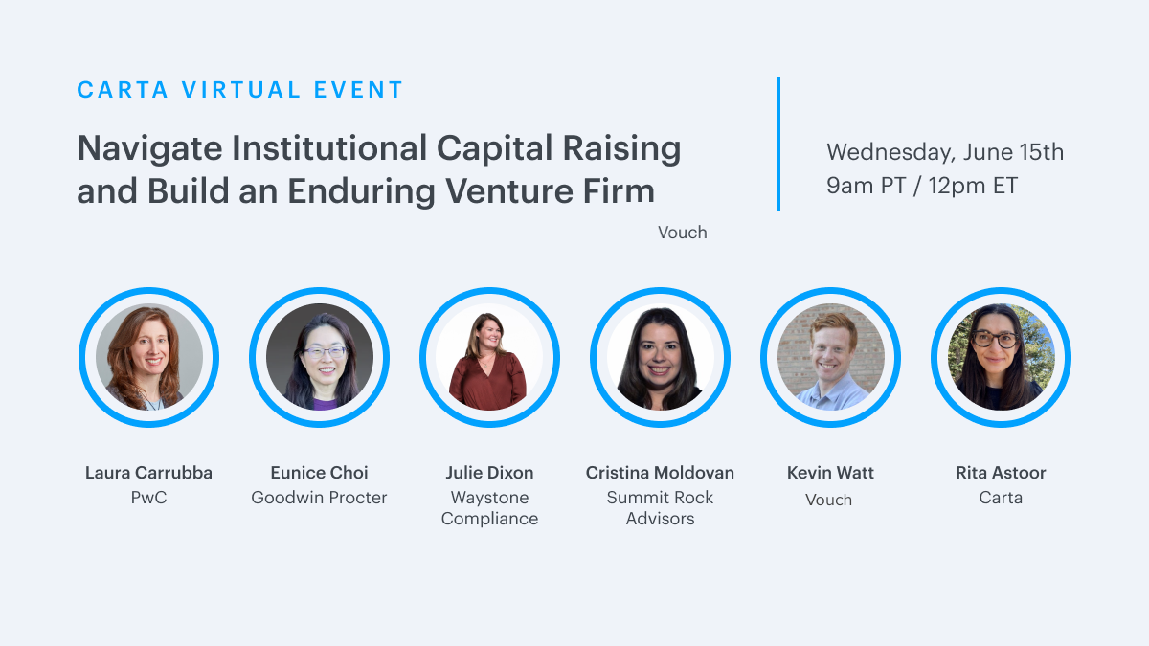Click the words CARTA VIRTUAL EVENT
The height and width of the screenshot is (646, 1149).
[239, 90]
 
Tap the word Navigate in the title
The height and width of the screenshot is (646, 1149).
[149, 149]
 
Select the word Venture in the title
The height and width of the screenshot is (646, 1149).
[508, 190]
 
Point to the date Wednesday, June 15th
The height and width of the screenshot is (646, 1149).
[945, 152]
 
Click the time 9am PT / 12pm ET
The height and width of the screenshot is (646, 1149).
[922, 186]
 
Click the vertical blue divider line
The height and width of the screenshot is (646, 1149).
[778, 144]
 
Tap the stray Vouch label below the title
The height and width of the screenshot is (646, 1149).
[682, 233]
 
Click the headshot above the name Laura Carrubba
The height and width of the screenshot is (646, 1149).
[148, 357]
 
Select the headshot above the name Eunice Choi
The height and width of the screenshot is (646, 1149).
[319, 357]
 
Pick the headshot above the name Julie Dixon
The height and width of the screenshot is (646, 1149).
[489, 357]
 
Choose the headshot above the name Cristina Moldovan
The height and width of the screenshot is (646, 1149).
[660, 357]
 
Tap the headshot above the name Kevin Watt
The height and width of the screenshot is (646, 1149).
[830, 357]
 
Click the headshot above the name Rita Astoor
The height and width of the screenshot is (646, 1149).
[1001, 357]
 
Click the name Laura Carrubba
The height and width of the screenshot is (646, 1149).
[148, 472]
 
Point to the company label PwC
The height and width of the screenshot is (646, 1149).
[148, 498]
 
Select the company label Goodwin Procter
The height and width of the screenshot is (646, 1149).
[319, 498]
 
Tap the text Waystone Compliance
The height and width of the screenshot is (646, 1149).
[489, 508]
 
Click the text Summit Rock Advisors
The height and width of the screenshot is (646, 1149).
[660, 508]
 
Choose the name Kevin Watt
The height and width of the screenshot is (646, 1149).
[830, 472]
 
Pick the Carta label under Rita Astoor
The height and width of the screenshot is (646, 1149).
[1001, 498]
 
